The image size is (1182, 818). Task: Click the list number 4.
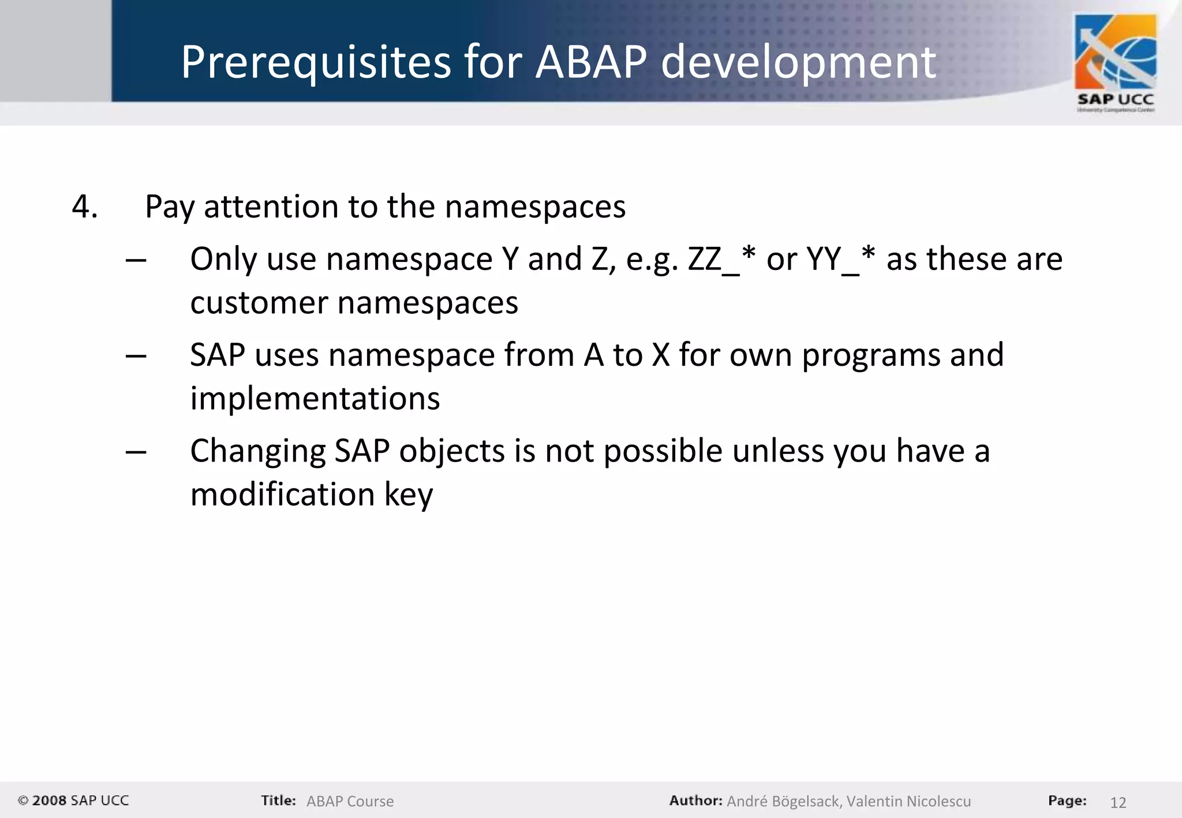(84, 207)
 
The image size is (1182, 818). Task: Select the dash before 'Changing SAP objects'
(136, 452)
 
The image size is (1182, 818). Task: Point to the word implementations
(315, 399)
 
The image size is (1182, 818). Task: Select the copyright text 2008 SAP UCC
(73, 801)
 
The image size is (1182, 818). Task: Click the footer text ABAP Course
(350, 801)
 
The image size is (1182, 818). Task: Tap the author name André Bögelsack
(783, 801)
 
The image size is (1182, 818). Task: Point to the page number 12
(1118, 802)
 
